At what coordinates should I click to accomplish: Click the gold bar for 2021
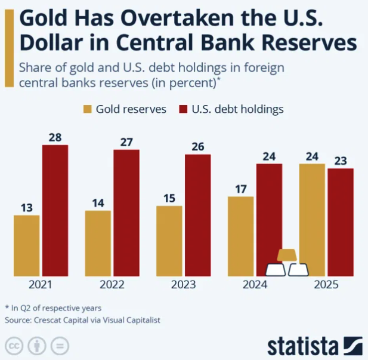26,245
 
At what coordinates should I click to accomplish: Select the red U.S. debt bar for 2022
126,213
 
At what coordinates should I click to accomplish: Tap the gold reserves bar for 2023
169,241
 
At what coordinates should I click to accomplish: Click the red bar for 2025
341,222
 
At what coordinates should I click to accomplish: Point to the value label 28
55,137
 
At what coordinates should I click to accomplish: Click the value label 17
241,189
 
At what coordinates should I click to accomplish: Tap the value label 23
341,161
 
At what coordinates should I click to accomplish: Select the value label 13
26,208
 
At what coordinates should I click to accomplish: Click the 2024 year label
255,285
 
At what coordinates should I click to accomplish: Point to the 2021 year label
41,285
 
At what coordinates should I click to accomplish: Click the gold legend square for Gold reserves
87,109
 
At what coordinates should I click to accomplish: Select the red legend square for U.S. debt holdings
183,109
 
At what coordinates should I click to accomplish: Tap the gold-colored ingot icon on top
286,255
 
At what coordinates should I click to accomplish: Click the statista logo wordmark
302,346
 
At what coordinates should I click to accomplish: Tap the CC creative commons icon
14,346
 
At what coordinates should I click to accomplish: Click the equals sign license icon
60,346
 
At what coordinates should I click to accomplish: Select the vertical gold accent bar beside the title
9,48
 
